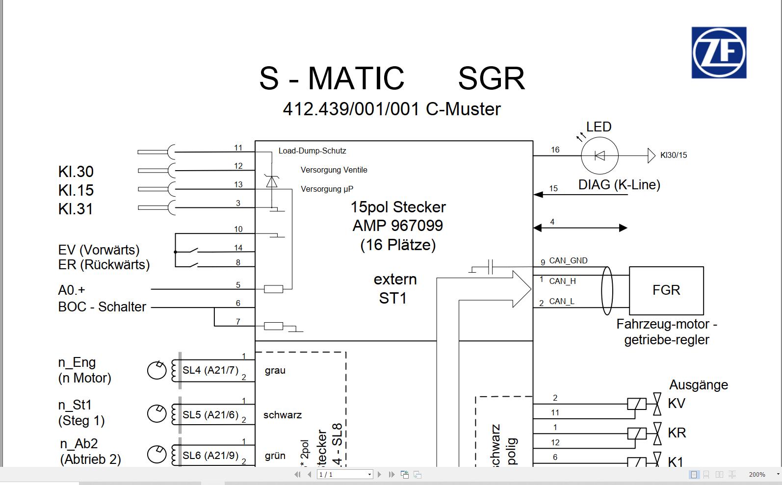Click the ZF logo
point(719,53)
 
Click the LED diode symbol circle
point(600,155)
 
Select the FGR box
point(666,290)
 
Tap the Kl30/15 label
point(673,155)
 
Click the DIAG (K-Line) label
point(619,185)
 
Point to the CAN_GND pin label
point(568,260)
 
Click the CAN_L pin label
point(562,301)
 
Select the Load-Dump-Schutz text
point(312,151)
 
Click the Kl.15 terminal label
point(76,190)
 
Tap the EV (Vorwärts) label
point(99,250)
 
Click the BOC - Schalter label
point(102,307)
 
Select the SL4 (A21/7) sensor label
point(210,370)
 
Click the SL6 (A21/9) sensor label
point(210,456)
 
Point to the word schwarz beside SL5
point(282,415)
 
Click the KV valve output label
point(677,404)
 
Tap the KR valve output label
point(677,433)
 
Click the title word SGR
point(491,78)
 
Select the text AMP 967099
point(397,226)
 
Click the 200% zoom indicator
point(756,474)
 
